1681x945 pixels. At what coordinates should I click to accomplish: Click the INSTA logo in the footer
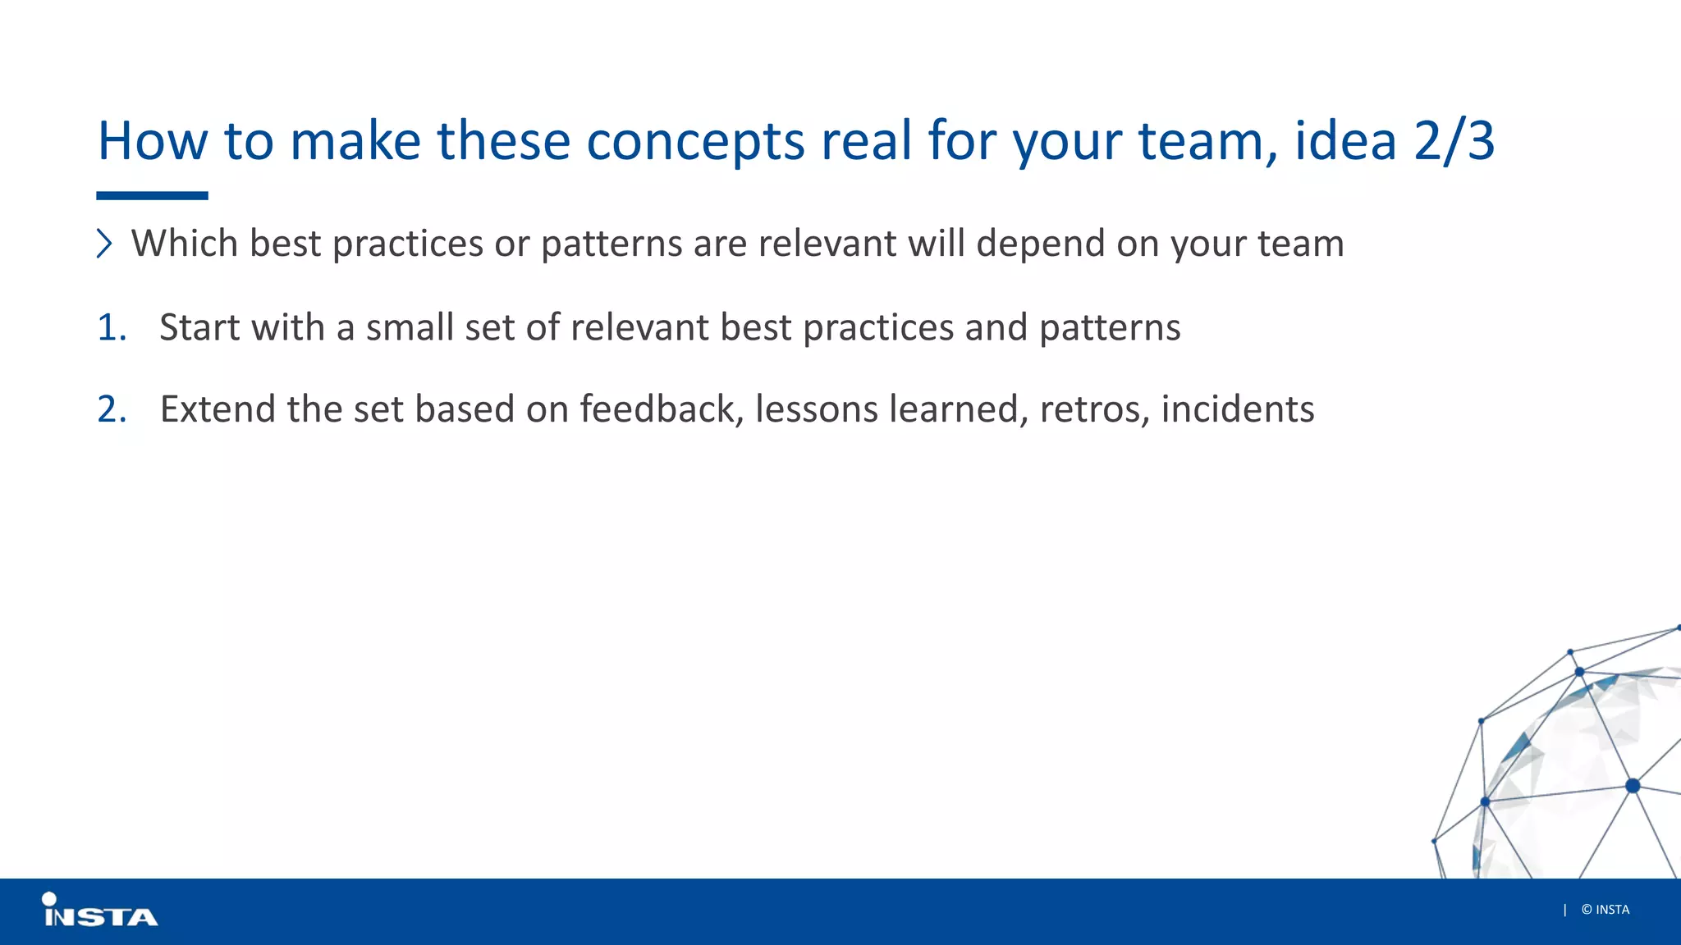pos(99,911)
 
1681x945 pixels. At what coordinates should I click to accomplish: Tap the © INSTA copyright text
pos(1605,910)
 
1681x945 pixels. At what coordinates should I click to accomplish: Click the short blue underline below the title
pos(152,196)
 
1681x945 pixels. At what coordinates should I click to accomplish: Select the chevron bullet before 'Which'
pos(104,244)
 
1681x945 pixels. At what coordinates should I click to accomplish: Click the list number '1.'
pos(112,328)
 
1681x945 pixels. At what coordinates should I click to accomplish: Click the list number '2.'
pos(112,409)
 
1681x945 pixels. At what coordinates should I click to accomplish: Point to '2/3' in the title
pos(1454,141)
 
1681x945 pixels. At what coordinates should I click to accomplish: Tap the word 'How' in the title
pos(153,141)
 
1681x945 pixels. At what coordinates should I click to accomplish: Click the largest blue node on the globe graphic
pos(1633,786)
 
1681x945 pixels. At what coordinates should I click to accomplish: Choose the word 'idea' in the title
pos(1345,141)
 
